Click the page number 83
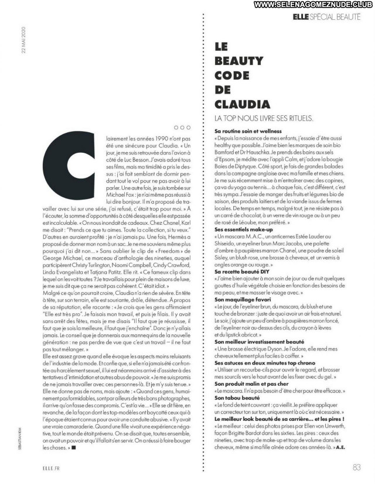[356, 466]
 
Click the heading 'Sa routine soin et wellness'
[248, 131]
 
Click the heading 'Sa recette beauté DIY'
[242, 271]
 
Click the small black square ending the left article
[73, 448]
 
